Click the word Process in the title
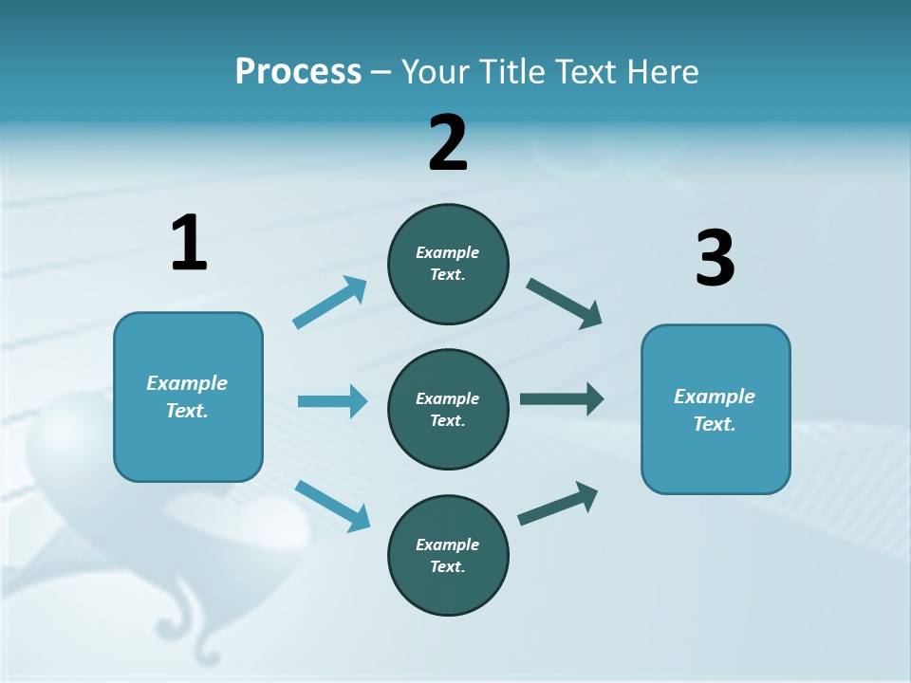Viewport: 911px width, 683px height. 298,71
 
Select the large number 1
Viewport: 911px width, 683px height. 189,243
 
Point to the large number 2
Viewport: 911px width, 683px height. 448,143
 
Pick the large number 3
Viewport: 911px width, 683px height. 715,258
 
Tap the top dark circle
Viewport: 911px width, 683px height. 448,264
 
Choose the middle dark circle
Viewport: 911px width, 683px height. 448,409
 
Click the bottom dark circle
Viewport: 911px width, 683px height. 448,555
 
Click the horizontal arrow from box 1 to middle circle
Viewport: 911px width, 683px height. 332,401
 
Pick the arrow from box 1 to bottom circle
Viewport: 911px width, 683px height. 332,506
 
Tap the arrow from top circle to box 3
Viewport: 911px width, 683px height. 565,304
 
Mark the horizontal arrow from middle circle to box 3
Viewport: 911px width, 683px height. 562,398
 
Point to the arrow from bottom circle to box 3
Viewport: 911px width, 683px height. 558,503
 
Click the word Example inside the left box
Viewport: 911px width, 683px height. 187,383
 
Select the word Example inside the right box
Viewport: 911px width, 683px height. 715,397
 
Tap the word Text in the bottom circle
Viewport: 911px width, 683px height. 446,566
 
